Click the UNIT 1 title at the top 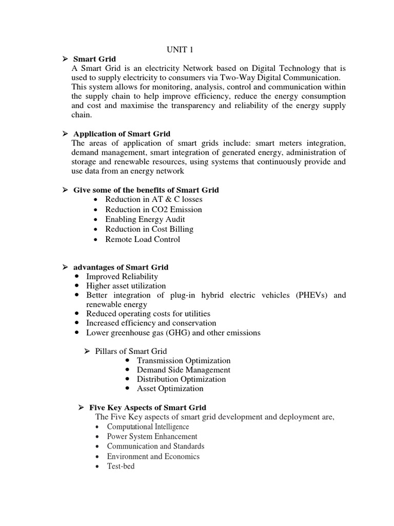pos(179,49)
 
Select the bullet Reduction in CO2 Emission pos(153,210)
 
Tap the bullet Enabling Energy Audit pos(145,219)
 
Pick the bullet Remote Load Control pos(143,239)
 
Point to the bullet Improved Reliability pos(122,277)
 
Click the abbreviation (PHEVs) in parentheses pos(312,295)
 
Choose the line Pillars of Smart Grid pos(131,351)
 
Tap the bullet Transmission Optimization pos(184,361)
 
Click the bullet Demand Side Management pos(183,370)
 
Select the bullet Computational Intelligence pos(148,427)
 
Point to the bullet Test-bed pos(121,466)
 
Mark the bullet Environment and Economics pos(153,457)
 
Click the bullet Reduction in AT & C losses pos(153,199)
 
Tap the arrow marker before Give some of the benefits pos(65,190)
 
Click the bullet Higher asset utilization pos(126,286)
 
